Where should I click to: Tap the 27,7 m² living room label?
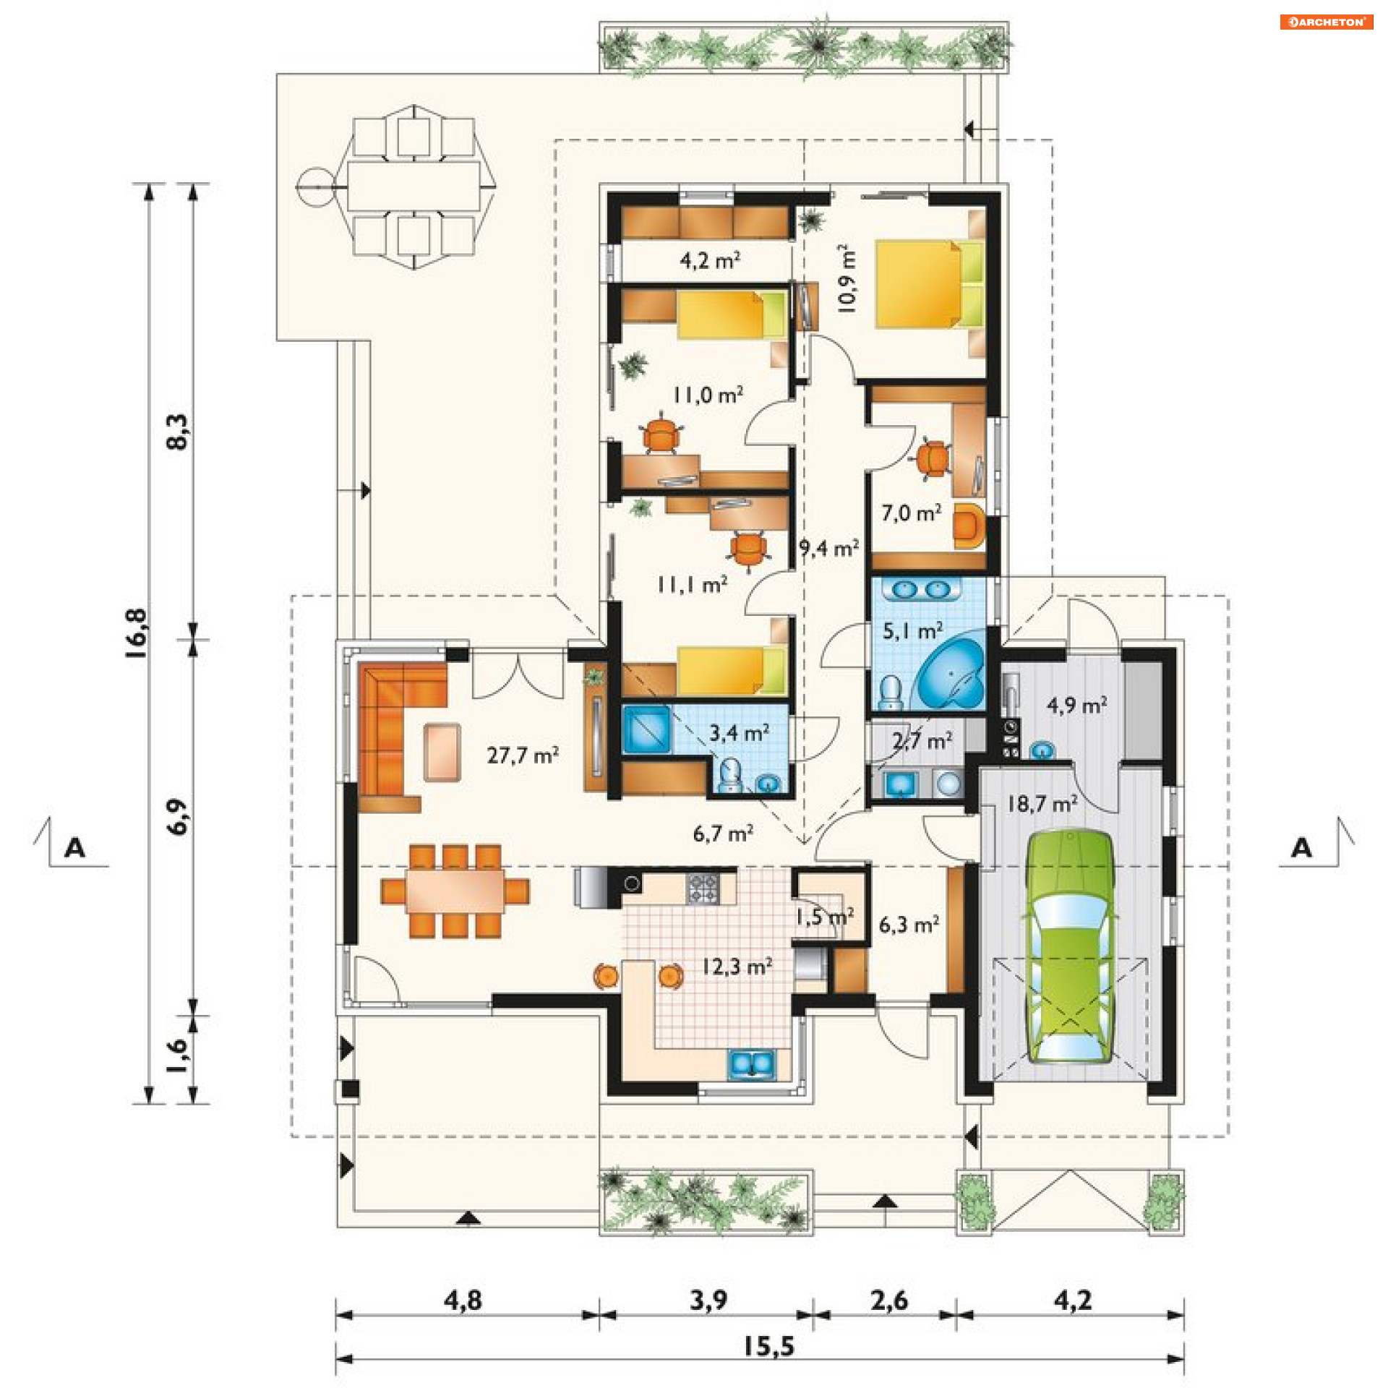click(523, 755)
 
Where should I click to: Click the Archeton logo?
click(1326, 22)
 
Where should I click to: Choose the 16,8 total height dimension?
click(137, 633)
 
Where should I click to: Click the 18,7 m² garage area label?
click(1042, 803)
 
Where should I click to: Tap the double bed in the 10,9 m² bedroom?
click(930, 284)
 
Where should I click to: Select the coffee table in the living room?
click(442, 753)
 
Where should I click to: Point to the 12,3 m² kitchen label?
click(737, 967)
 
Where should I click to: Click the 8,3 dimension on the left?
click(178, 432)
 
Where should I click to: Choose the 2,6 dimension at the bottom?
click(889, 1301)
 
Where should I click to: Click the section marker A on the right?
click(1301, 847)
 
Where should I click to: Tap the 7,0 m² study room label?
click(911, 513)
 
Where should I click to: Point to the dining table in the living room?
click(455, 891)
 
